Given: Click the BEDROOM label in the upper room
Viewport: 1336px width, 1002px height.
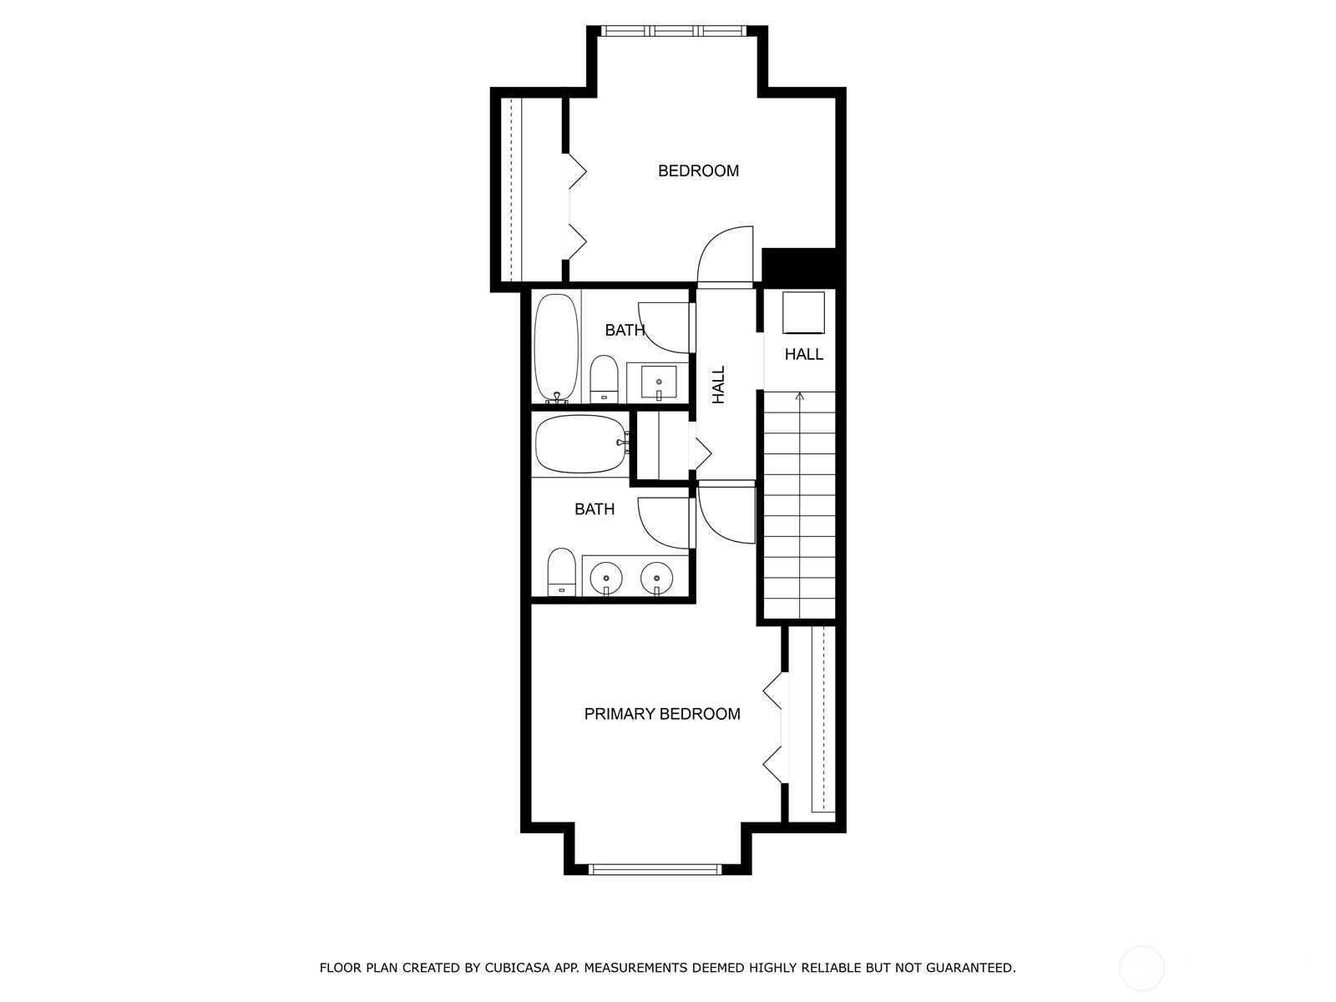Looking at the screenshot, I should (698, 171).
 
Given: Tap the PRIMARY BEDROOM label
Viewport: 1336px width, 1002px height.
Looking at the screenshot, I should (661, 714).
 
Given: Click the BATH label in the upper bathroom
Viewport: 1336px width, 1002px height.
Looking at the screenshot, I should (625, 331).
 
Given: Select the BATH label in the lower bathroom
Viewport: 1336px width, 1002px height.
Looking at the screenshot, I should (595, 509).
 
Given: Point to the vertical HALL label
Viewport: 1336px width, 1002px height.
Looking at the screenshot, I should (719, 385).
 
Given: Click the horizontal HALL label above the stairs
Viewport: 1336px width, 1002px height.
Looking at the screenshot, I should (803, 355).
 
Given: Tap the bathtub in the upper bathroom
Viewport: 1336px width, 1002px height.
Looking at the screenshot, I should (556, 347).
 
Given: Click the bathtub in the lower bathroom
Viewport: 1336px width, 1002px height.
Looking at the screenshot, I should (579, 444).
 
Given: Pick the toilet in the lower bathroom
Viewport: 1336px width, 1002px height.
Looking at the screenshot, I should (561, 572).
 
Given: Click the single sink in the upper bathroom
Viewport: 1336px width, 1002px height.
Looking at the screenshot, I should (659, 383).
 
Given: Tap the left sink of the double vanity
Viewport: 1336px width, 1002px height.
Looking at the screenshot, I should (605, 577).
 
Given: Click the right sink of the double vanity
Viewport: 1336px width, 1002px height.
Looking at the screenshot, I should (657, 577).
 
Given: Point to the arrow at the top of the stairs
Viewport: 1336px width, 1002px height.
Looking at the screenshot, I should (800, 397).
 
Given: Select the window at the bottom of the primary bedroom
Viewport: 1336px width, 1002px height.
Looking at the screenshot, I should (654, 869).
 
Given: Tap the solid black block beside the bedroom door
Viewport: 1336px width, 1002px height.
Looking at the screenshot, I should (799, 267).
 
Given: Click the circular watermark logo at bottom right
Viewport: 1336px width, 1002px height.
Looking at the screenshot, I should (1141, 969).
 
